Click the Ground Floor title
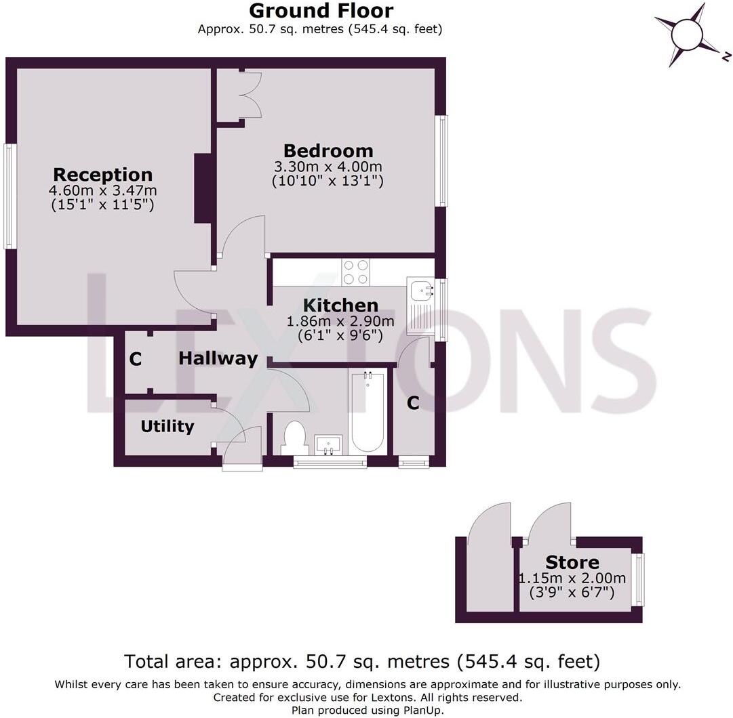(321, 12)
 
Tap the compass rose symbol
(688, 33)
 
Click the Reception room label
(103, 174)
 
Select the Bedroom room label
(328, 150)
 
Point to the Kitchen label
(340, 305)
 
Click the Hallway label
(218, 358)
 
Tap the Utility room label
(167, 426)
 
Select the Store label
(572, 562)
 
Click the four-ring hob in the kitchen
(355, 272)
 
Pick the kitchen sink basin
(420, 290)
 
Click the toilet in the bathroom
(294, 438)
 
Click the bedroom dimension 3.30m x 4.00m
(328, 167)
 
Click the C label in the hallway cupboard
(136, 360)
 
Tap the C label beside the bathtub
(413, 403)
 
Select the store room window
(638, 580)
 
